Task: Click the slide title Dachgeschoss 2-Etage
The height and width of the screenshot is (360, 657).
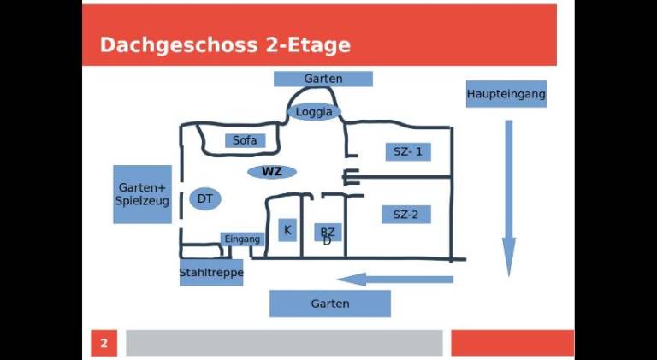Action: [225, 45]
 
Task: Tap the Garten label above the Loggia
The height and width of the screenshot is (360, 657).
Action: [323, 79]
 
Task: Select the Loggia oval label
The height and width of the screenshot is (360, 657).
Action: [313, 112]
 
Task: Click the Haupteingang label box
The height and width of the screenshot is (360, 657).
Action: [506, 94]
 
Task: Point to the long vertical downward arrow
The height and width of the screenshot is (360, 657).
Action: [509, 197]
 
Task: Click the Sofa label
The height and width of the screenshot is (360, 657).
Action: [245, 140]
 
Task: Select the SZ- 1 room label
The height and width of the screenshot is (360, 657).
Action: [407, 152]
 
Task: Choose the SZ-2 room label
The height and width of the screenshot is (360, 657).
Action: [405, 215]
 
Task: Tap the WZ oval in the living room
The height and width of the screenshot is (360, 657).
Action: [272, 172]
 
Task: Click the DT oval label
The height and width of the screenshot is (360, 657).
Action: [205, 199]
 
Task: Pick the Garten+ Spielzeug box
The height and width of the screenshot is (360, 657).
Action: [142, 194]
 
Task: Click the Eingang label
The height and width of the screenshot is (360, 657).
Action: [242, 239]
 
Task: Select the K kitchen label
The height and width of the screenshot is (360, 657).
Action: [287, 230]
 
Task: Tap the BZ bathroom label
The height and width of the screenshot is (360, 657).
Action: [328, 232]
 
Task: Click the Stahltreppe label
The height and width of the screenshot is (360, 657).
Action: [211, 274]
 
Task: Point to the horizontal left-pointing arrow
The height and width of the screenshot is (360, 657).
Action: [394, 279]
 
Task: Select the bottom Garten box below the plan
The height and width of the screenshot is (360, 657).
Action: [330, 304]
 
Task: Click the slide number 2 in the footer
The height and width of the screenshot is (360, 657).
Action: [104, 344]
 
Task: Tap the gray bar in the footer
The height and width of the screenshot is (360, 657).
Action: [284, 343]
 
